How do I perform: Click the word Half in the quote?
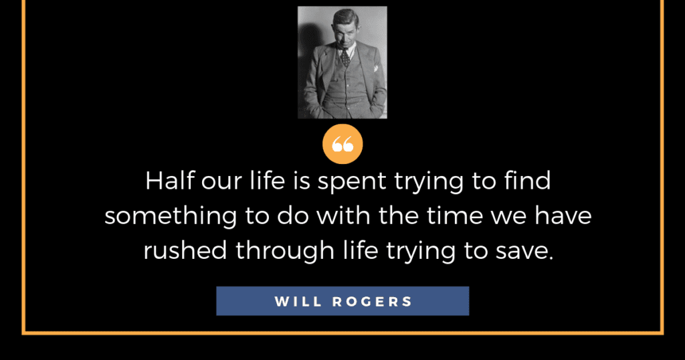[169, 180]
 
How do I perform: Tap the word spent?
[352, 182]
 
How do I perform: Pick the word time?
[454, 215]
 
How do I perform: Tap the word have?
[563, 215]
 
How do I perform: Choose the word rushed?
[185, 250]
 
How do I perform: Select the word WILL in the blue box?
[298, 302]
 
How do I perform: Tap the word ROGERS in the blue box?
[372, 302]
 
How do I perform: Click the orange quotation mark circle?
[342, 144]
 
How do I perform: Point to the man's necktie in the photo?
[345, 58]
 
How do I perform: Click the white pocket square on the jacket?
[375, 69]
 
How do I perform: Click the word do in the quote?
[293, 215]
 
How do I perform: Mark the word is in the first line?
[302, 181]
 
